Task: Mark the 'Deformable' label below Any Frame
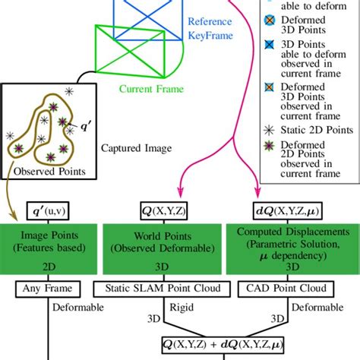(x=74, y=308)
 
